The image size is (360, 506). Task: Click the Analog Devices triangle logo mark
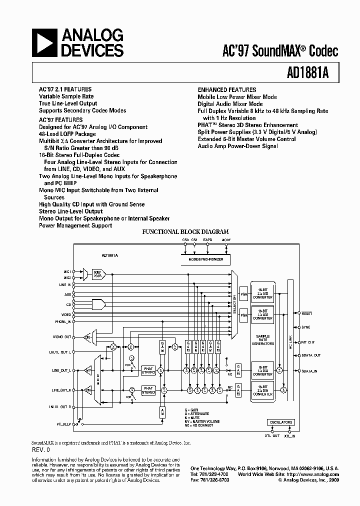(x=45, y=42)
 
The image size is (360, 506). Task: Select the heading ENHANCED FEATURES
(x=226, y=90)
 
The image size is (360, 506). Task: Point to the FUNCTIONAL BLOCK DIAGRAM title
(x=185, y=232)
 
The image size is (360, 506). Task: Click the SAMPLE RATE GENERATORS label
(x=262, y=340)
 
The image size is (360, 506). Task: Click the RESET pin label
(x=306, y=313)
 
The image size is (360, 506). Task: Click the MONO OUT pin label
(x=62, y=337)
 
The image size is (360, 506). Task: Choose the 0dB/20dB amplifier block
(x=97, y=273)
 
